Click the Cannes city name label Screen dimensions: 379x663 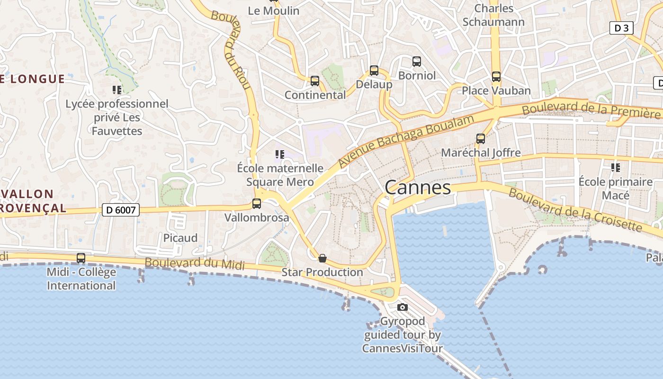coord(418,188)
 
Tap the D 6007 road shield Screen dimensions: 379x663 coord(121,210)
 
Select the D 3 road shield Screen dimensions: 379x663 coord(621,28)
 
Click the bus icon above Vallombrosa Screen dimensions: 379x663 coord(257,204)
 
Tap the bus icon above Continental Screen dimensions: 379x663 coord(315,81)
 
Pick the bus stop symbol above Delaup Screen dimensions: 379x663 coord(374,71)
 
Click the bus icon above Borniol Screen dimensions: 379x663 coord(417,62)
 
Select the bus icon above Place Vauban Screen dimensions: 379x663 coord(496,77)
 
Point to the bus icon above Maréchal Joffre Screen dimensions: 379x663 coord(481,139)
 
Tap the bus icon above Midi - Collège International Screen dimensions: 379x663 coord(81,258)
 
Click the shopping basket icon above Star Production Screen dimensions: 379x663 coord(323,258)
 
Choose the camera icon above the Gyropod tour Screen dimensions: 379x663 coord(403,307)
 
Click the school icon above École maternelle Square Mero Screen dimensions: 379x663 coord(280,154)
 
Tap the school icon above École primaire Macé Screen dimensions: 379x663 coord(616,168)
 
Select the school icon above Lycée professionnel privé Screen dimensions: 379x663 coord(117,90)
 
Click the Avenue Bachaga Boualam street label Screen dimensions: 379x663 coord(406,141)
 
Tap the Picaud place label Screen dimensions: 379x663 coord(180,238)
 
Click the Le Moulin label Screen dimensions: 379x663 coord(274,10)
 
